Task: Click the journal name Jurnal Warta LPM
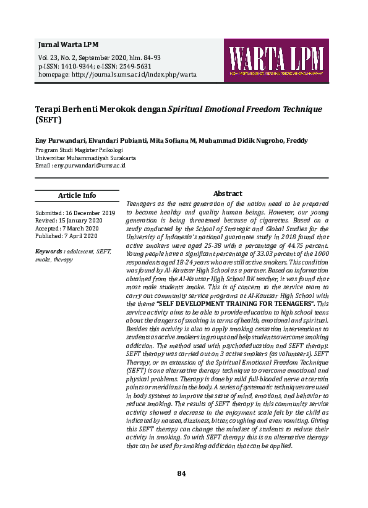coord(68,45)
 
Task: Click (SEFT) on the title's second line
coord(45,119)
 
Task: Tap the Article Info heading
coord(77,196)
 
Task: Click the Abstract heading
coord(228,194)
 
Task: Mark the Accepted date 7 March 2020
coord(85,228)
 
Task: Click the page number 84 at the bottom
coord(182,473)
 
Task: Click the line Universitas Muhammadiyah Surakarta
coord(85,158)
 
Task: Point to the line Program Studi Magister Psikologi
coord(79,150)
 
